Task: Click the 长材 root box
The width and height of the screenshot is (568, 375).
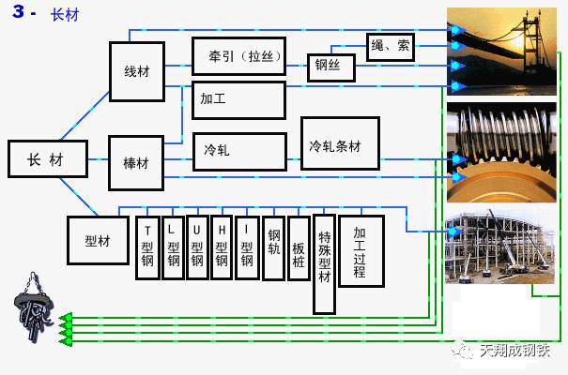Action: click(x=47, y=160)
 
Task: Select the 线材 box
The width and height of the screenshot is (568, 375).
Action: click(x=136, y=71)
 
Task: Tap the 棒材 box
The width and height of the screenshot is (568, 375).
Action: click(x=136, y=163)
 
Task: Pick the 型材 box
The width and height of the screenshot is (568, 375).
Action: click(x=98, y=240)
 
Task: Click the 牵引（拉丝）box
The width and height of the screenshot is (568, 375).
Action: click(x=238, y=56)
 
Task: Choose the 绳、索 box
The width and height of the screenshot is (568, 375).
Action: click(x=390, y=47)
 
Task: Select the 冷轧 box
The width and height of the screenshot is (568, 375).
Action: click(x=238, y=151)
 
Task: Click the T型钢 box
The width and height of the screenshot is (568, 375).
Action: click(x=148, y=248)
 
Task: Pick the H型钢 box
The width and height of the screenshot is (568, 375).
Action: click(x=222, y=248)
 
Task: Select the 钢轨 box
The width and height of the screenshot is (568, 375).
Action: click(x=273, y=248)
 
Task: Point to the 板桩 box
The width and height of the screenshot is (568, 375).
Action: click(x=299, y=248)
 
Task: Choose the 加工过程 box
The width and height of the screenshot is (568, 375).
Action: click(x=361, y=250)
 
